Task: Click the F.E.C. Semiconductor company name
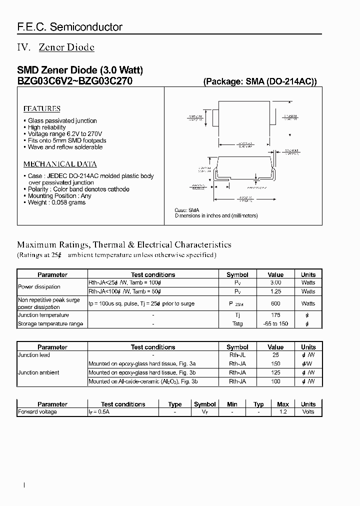pos(70,27)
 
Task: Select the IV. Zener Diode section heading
pos(55,47)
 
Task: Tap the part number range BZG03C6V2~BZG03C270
pos(75,81)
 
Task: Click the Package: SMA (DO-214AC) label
pos(259,81)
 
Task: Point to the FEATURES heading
pos(42,108)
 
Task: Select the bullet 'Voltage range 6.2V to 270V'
pos(64,134)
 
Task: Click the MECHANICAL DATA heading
pos(60,164)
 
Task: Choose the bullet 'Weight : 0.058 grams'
pos(56,202)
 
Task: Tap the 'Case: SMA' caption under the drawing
pos(187,210)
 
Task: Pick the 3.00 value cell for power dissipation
pos(275,283)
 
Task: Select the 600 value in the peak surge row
pos(275,303)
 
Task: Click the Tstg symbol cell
pos(237,324)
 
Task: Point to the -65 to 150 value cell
pos(275,324)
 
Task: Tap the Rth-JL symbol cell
pos(237,355)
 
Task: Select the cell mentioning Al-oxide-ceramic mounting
pos(143,381)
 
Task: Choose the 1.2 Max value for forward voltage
pos(282,412)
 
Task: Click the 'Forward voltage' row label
pos(37,412)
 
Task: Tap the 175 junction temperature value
pos(275,315)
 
